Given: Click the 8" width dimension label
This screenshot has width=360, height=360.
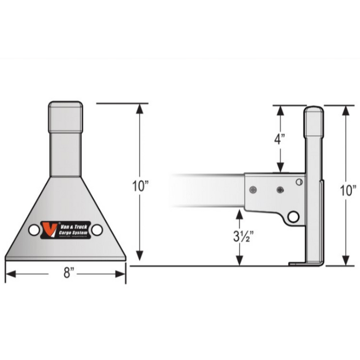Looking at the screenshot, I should [66, 274].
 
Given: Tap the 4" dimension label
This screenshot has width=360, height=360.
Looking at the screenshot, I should [280, 139].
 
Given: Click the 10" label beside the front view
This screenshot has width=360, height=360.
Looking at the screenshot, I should [139, 185].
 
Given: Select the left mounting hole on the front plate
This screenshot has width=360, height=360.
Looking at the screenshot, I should [34, 230].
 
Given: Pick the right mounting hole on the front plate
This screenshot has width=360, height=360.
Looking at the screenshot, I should [97, 230].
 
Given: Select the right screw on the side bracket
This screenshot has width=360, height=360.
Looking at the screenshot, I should [280, 190].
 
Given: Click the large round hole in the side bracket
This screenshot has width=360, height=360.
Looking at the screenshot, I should [293, 217].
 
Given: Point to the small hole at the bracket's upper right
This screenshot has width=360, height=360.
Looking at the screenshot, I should [299, 182].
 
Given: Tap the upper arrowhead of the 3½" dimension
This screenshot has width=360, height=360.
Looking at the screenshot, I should [240, 212].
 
